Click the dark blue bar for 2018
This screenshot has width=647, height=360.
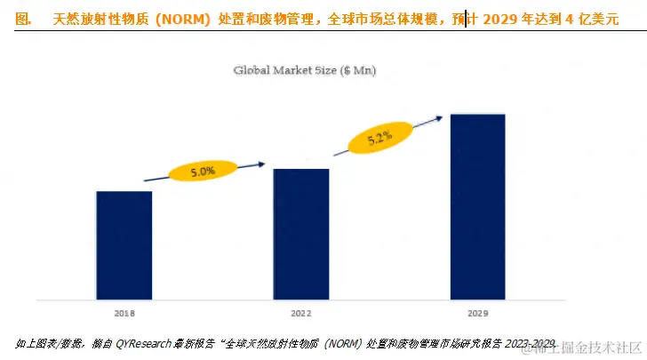124,244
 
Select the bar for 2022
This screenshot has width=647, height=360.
300,234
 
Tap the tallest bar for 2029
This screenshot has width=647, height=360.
478,206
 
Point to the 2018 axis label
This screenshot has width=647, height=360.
124,314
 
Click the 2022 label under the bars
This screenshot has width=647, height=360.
300,314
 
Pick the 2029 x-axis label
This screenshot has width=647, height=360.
478,314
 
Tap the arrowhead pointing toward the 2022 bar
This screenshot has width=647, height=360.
262,163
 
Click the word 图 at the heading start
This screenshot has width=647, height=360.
23,18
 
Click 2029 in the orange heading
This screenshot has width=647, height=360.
500,18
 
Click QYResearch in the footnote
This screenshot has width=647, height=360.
147,343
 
